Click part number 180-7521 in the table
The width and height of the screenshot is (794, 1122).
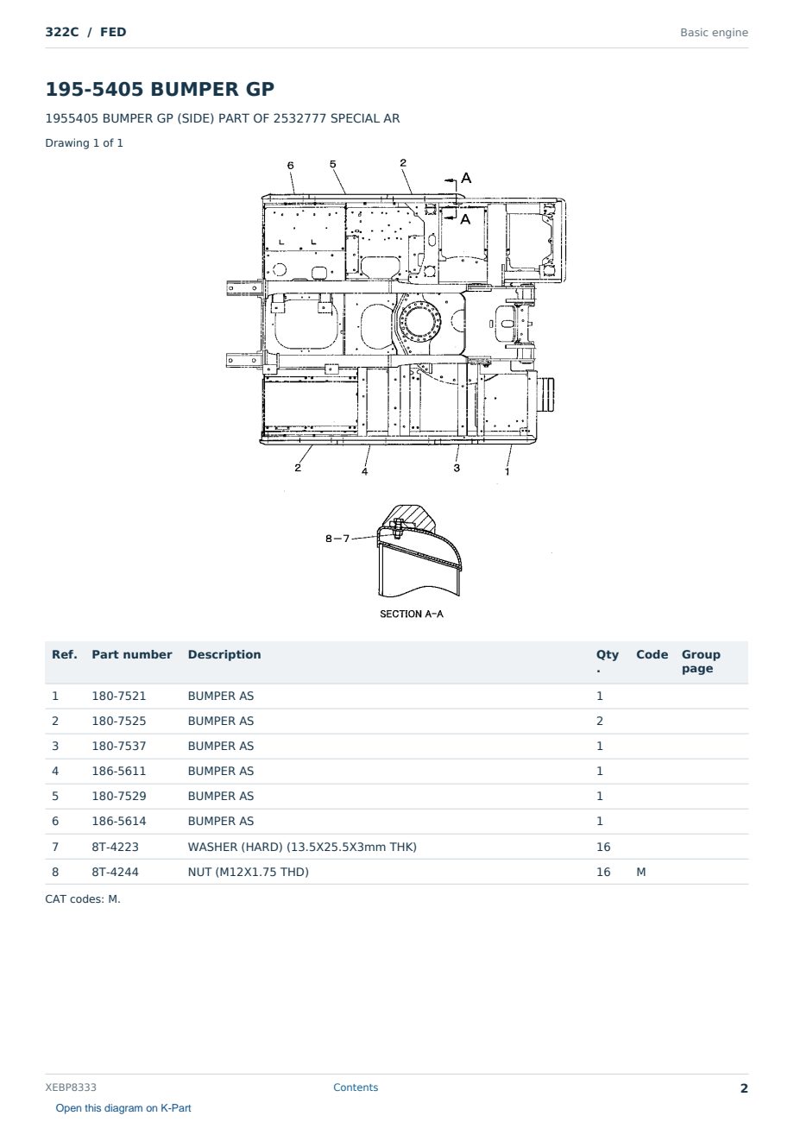tap(119, 696)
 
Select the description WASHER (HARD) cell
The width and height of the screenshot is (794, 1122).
tap(302, 847)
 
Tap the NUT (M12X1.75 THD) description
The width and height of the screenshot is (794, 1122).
tap(248, 872)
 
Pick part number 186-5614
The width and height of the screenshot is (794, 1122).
tap(119, 821)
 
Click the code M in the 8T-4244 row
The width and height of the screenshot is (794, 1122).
tap(640, 872)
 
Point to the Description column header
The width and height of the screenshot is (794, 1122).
tap(224, 654)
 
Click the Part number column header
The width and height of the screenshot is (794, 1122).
tap(132, 654)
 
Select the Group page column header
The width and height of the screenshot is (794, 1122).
tap(701, 661)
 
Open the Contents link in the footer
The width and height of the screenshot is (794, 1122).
tap(356, 1087)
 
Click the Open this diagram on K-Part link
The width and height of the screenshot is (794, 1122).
tap(123, 1107)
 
